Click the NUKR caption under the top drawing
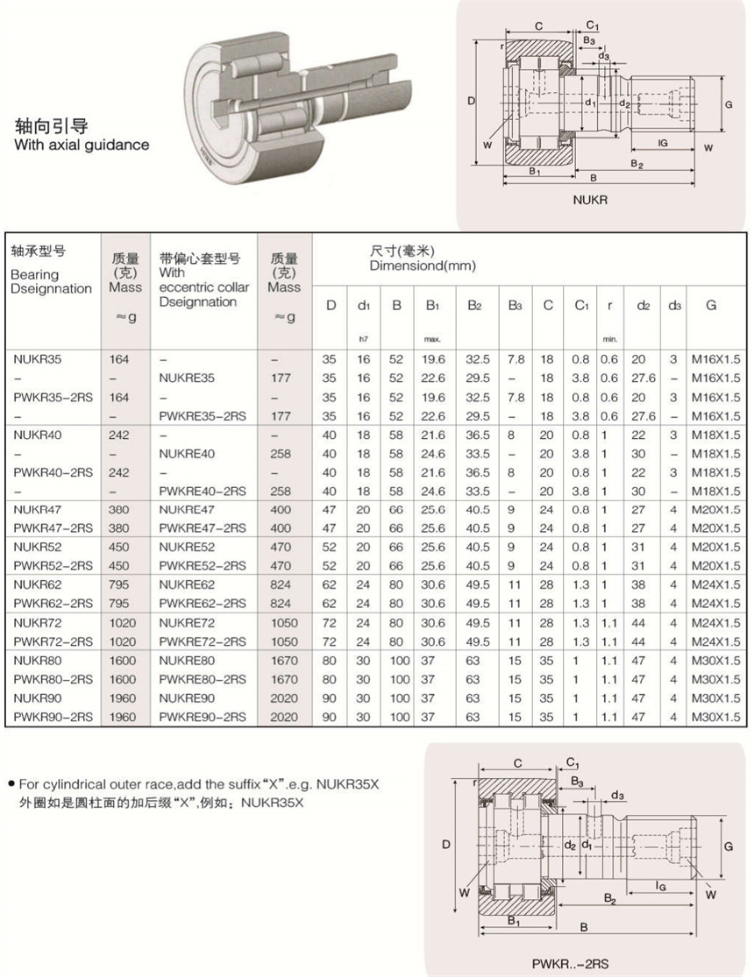pos(590,200)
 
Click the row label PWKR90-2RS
pos(52,718)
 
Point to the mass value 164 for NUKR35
pos(118,359)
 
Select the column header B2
pos(474,306)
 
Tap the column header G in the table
pos(711,305)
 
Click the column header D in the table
pos(331,306)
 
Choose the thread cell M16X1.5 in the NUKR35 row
pos(711,359)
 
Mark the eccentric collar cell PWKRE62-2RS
pos(203,604)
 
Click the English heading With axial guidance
pos(82,145)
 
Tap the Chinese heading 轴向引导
pos(52,125)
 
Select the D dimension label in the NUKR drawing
pos(471,102)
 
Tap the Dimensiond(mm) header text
pos(423,266)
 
